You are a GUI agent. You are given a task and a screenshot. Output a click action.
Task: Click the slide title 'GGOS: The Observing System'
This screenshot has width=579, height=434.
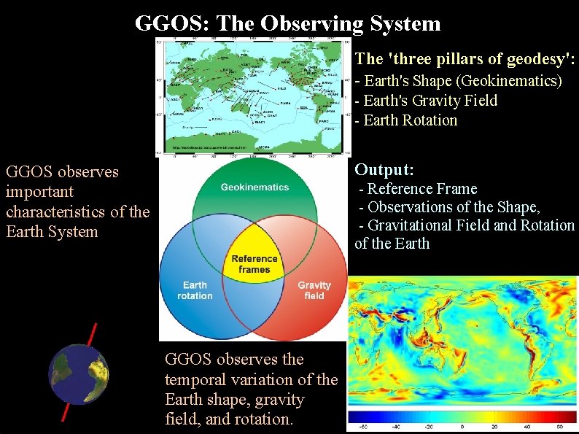coord(288,23)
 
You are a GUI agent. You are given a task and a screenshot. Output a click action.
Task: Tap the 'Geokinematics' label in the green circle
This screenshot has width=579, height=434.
coord(254,187)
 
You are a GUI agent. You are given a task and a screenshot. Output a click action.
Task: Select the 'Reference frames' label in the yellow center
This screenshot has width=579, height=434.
coord(254,264)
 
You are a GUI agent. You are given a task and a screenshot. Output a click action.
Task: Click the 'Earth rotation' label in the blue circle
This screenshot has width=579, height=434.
coord(195,290)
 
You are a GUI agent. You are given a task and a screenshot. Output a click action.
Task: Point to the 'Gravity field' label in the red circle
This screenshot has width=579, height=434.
coord(314,290)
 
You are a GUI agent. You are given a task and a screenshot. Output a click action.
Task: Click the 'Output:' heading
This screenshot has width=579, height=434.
coord(384,170)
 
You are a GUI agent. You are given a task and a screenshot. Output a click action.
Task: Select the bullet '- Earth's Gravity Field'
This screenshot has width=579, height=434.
coord(426,101)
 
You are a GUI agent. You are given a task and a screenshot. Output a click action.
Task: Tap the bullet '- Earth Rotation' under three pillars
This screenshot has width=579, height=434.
coord(406,120)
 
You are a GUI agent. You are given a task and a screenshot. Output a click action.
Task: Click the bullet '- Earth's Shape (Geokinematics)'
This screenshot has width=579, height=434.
coord(458,81)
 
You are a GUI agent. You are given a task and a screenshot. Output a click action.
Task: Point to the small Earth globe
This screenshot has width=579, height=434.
coord(78,374)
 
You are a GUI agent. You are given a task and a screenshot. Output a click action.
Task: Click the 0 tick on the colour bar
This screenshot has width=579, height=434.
coord(462,427)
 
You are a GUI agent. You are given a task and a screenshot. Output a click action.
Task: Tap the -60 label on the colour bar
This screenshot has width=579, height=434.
coord(362,427)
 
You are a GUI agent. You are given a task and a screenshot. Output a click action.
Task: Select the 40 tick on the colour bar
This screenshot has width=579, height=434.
coord(529,427)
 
